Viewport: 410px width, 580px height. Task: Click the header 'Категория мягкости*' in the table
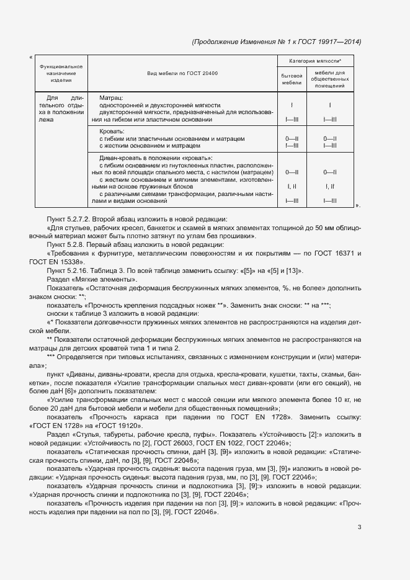click(x=315, y=61)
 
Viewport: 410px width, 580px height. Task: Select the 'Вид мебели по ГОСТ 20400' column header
click(x=182, y=74)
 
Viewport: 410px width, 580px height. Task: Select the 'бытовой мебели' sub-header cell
click(x=292, y=78)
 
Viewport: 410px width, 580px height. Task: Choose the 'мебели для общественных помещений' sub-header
click(x=330, y=78)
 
